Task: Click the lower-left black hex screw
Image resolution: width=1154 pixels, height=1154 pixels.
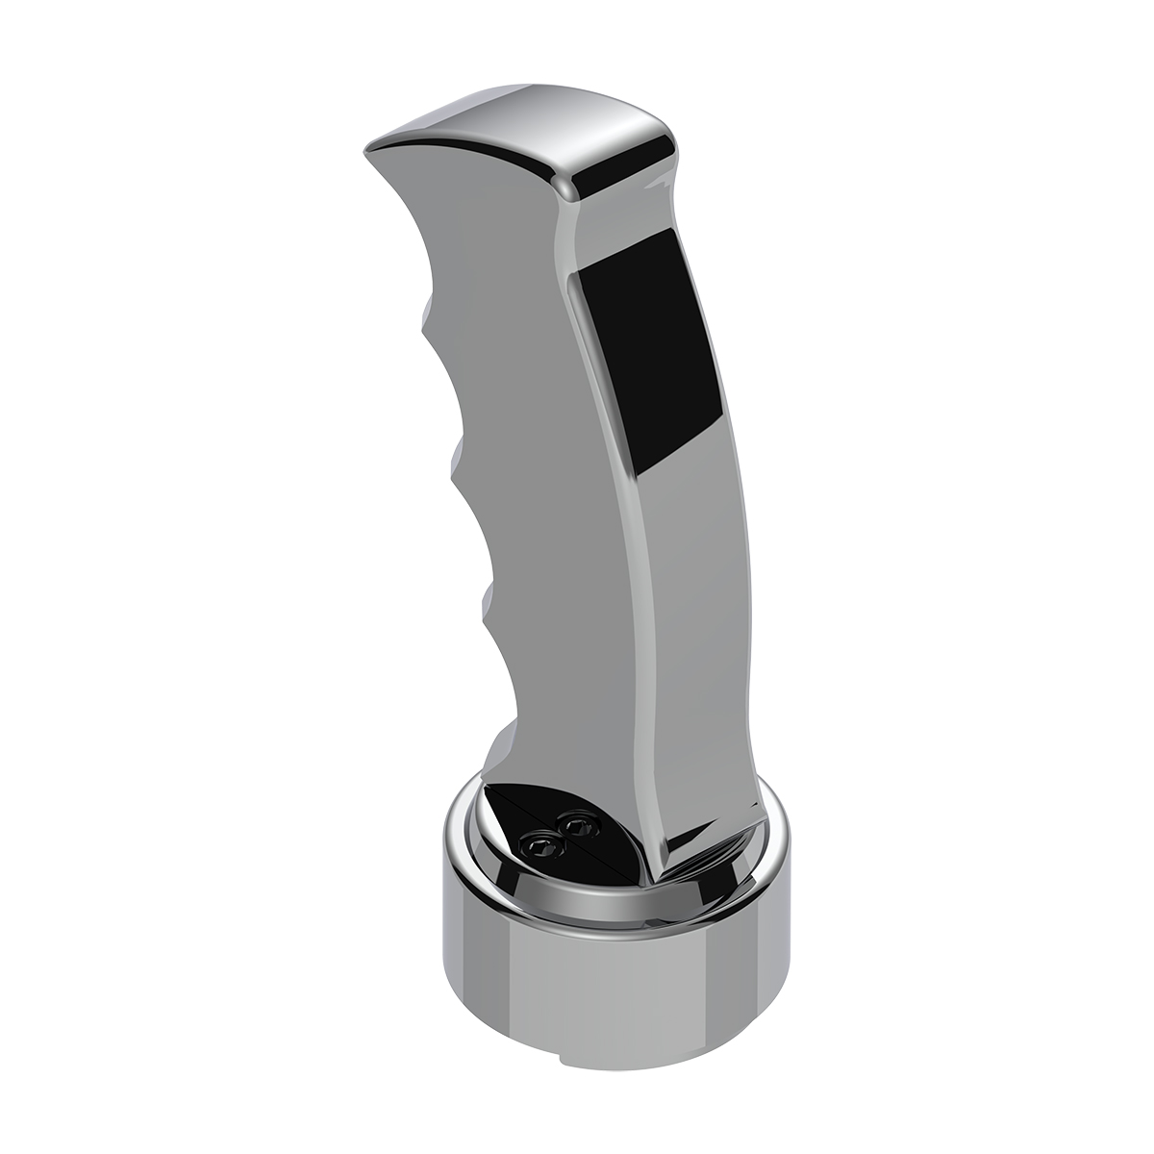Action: tap(538, 843)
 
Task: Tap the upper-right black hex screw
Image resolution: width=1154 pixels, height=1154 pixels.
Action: tap(577, 824)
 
